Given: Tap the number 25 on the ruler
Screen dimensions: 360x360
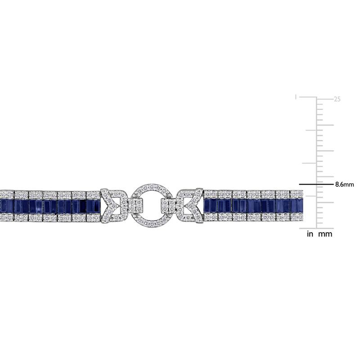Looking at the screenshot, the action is [x=337, y=99].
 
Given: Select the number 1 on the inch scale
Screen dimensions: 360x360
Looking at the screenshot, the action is [x=296, y=97].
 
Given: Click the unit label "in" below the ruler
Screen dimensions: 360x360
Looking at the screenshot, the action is [x=310, y=234].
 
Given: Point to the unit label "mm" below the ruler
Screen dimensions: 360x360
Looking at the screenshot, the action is [x=325, y=234].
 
